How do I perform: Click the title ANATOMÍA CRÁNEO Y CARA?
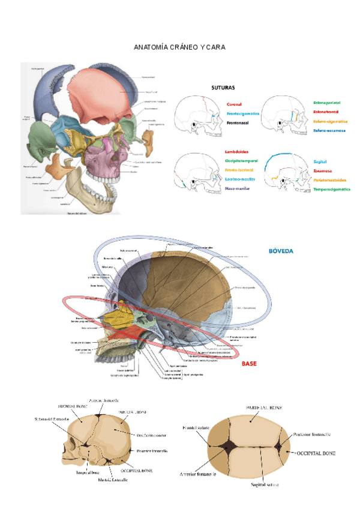(x=179, y=47)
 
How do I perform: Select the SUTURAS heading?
(x=223, y=88)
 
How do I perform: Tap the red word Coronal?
(x=234, y=104)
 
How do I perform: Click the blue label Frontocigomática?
(x=243, y=113)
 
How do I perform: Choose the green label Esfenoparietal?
(x=330, y=103)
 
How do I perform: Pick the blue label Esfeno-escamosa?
(x=331, y=130)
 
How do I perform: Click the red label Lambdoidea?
(x=237, y=152)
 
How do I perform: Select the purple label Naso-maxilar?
(x=238, y=188)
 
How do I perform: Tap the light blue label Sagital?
(x=320, y=161)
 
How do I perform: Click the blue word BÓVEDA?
(x=281, y=251)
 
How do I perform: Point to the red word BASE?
(x=249, y=364)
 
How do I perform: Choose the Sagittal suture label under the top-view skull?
(x=265, y=484)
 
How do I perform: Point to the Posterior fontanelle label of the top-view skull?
(x=313, y=433)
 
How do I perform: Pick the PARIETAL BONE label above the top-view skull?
(x=265, y=408)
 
